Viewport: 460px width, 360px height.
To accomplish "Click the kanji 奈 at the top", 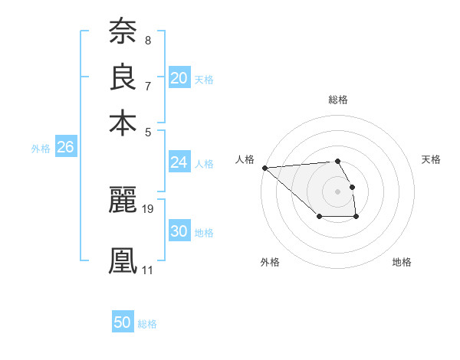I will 123,31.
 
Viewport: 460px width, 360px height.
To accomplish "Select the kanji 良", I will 123,77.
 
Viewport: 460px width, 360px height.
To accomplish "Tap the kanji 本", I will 123,123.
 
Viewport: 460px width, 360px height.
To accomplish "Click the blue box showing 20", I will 179,78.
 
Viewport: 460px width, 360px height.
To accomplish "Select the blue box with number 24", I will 179,162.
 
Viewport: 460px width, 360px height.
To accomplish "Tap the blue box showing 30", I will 179,231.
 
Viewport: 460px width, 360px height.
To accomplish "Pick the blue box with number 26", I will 65,148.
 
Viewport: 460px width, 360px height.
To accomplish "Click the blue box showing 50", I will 123,322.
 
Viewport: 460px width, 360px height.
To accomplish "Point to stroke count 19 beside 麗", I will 149,208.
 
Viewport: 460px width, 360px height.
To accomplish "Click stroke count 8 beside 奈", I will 148,40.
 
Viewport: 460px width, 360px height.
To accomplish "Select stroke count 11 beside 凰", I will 147,270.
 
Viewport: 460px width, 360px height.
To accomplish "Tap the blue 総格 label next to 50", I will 147,324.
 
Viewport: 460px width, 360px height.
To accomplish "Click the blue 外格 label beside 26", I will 41,149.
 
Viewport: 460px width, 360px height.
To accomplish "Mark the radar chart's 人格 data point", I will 264,168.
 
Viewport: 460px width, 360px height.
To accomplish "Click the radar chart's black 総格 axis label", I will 338,100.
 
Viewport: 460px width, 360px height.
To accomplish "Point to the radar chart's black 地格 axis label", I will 402,262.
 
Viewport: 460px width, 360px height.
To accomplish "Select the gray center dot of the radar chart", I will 337,191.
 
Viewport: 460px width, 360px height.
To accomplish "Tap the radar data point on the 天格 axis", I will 352,186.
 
